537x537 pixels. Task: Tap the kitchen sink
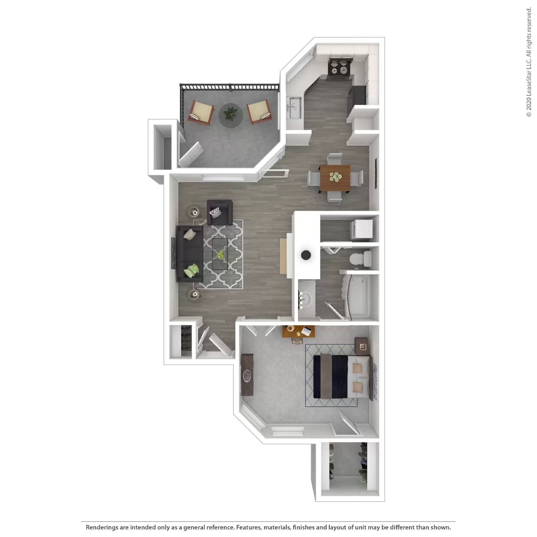pos(294,107)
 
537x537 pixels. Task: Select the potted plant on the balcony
pos(231,114)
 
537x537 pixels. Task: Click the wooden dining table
pos(335,178)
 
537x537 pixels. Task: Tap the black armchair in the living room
pos(219,212)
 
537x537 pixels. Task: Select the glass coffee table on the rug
pos(220,254)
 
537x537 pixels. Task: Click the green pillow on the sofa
pos(191,270)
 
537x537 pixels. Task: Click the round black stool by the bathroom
pos(306,255)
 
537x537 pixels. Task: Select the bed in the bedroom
pos(342,376)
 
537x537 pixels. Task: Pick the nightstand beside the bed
pos(362,346)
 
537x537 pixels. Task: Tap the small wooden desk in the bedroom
pos(298,332)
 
